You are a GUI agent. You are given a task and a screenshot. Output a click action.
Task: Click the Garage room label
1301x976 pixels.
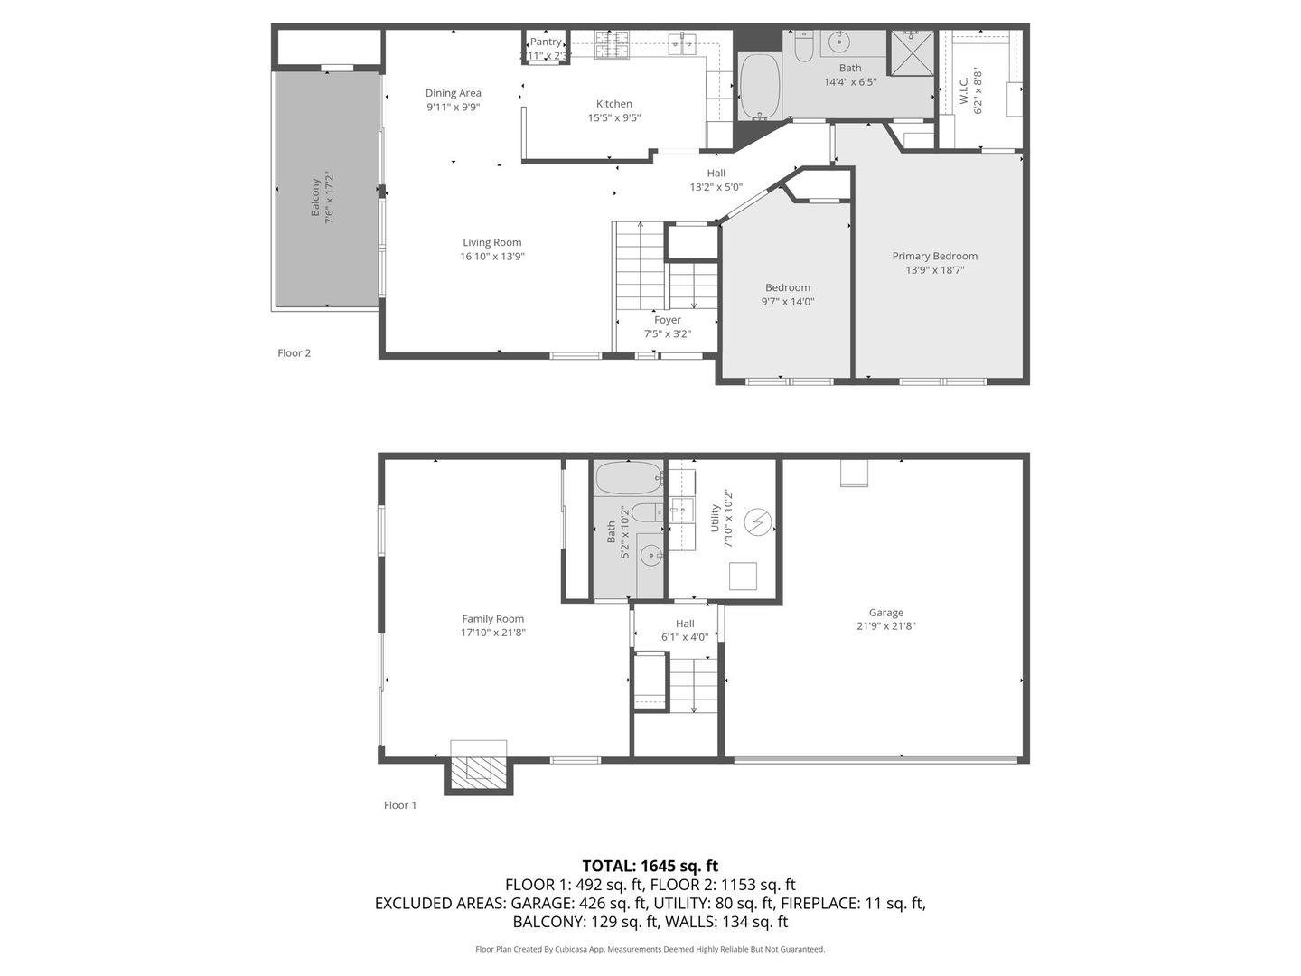click(x=885, y=613)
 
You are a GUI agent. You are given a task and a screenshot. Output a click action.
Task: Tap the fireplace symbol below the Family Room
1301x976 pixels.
click(x=478, y=769)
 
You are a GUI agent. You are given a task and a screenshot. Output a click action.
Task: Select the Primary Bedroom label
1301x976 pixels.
click(x=934, y=256)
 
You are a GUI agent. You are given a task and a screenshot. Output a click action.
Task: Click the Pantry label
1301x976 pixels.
click(x=545, y=42)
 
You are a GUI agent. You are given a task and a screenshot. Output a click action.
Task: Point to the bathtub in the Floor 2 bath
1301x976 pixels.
click(x=760, y=87)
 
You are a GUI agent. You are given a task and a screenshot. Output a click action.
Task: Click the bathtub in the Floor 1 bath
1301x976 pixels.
click(x=629, y=478)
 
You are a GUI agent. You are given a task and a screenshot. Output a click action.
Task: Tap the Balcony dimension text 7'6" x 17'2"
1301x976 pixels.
click(x=330, y=198)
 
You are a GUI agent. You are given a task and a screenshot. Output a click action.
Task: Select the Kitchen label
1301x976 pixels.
click(x=613, y=104)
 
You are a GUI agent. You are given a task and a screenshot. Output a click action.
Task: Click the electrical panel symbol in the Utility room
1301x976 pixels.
click(x=757, y=522)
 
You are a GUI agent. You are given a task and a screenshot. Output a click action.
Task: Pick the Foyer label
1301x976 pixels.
click(x=667, y=320)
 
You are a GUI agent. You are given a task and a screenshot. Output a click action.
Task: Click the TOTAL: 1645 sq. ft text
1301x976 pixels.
click(x=650, y=866)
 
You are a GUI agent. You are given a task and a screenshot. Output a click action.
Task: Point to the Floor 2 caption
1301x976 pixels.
click(x=294, y=353)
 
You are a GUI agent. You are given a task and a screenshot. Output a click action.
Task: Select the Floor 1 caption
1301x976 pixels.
click(x=400, y=805)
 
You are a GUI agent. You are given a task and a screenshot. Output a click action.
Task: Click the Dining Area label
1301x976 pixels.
click(x=453, y=93)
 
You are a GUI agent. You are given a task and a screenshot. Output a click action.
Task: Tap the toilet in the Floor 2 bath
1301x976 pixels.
click(x=803, y=46)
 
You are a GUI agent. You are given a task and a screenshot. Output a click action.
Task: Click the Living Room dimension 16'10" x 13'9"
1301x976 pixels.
click(x=491, y=257)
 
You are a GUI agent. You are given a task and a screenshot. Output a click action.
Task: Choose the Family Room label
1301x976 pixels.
click(x=492, y=619)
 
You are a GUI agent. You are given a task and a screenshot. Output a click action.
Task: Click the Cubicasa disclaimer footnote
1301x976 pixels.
click(x=650, y=949)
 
